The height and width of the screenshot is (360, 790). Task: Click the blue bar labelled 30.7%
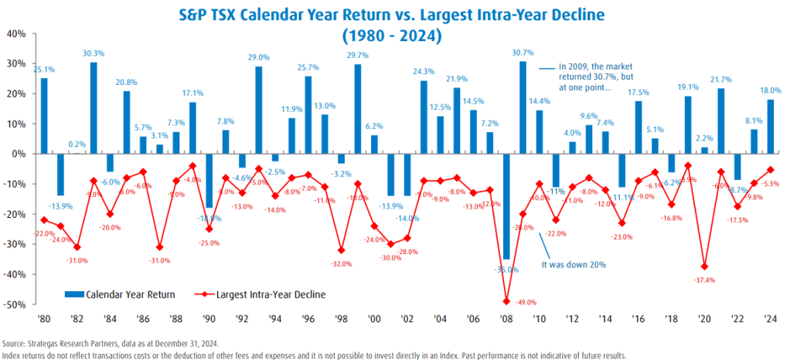523,107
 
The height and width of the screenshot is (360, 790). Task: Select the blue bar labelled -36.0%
506,206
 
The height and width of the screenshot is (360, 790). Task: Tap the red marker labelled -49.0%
506,301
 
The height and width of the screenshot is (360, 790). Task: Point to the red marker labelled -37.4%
704,267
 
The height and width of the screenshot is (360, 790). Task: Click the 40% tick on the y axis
17,34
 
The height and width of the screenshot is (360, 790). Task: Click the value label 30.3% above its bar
94,53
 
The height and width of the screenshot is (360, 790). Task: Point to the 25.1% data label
44,70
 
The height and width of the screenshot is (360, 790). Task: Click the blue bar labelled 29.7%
358,109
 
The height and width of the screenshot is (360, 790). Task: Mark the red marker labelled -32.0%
341,250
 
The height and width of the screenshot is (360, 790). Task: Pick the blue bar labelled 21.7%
720,121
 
